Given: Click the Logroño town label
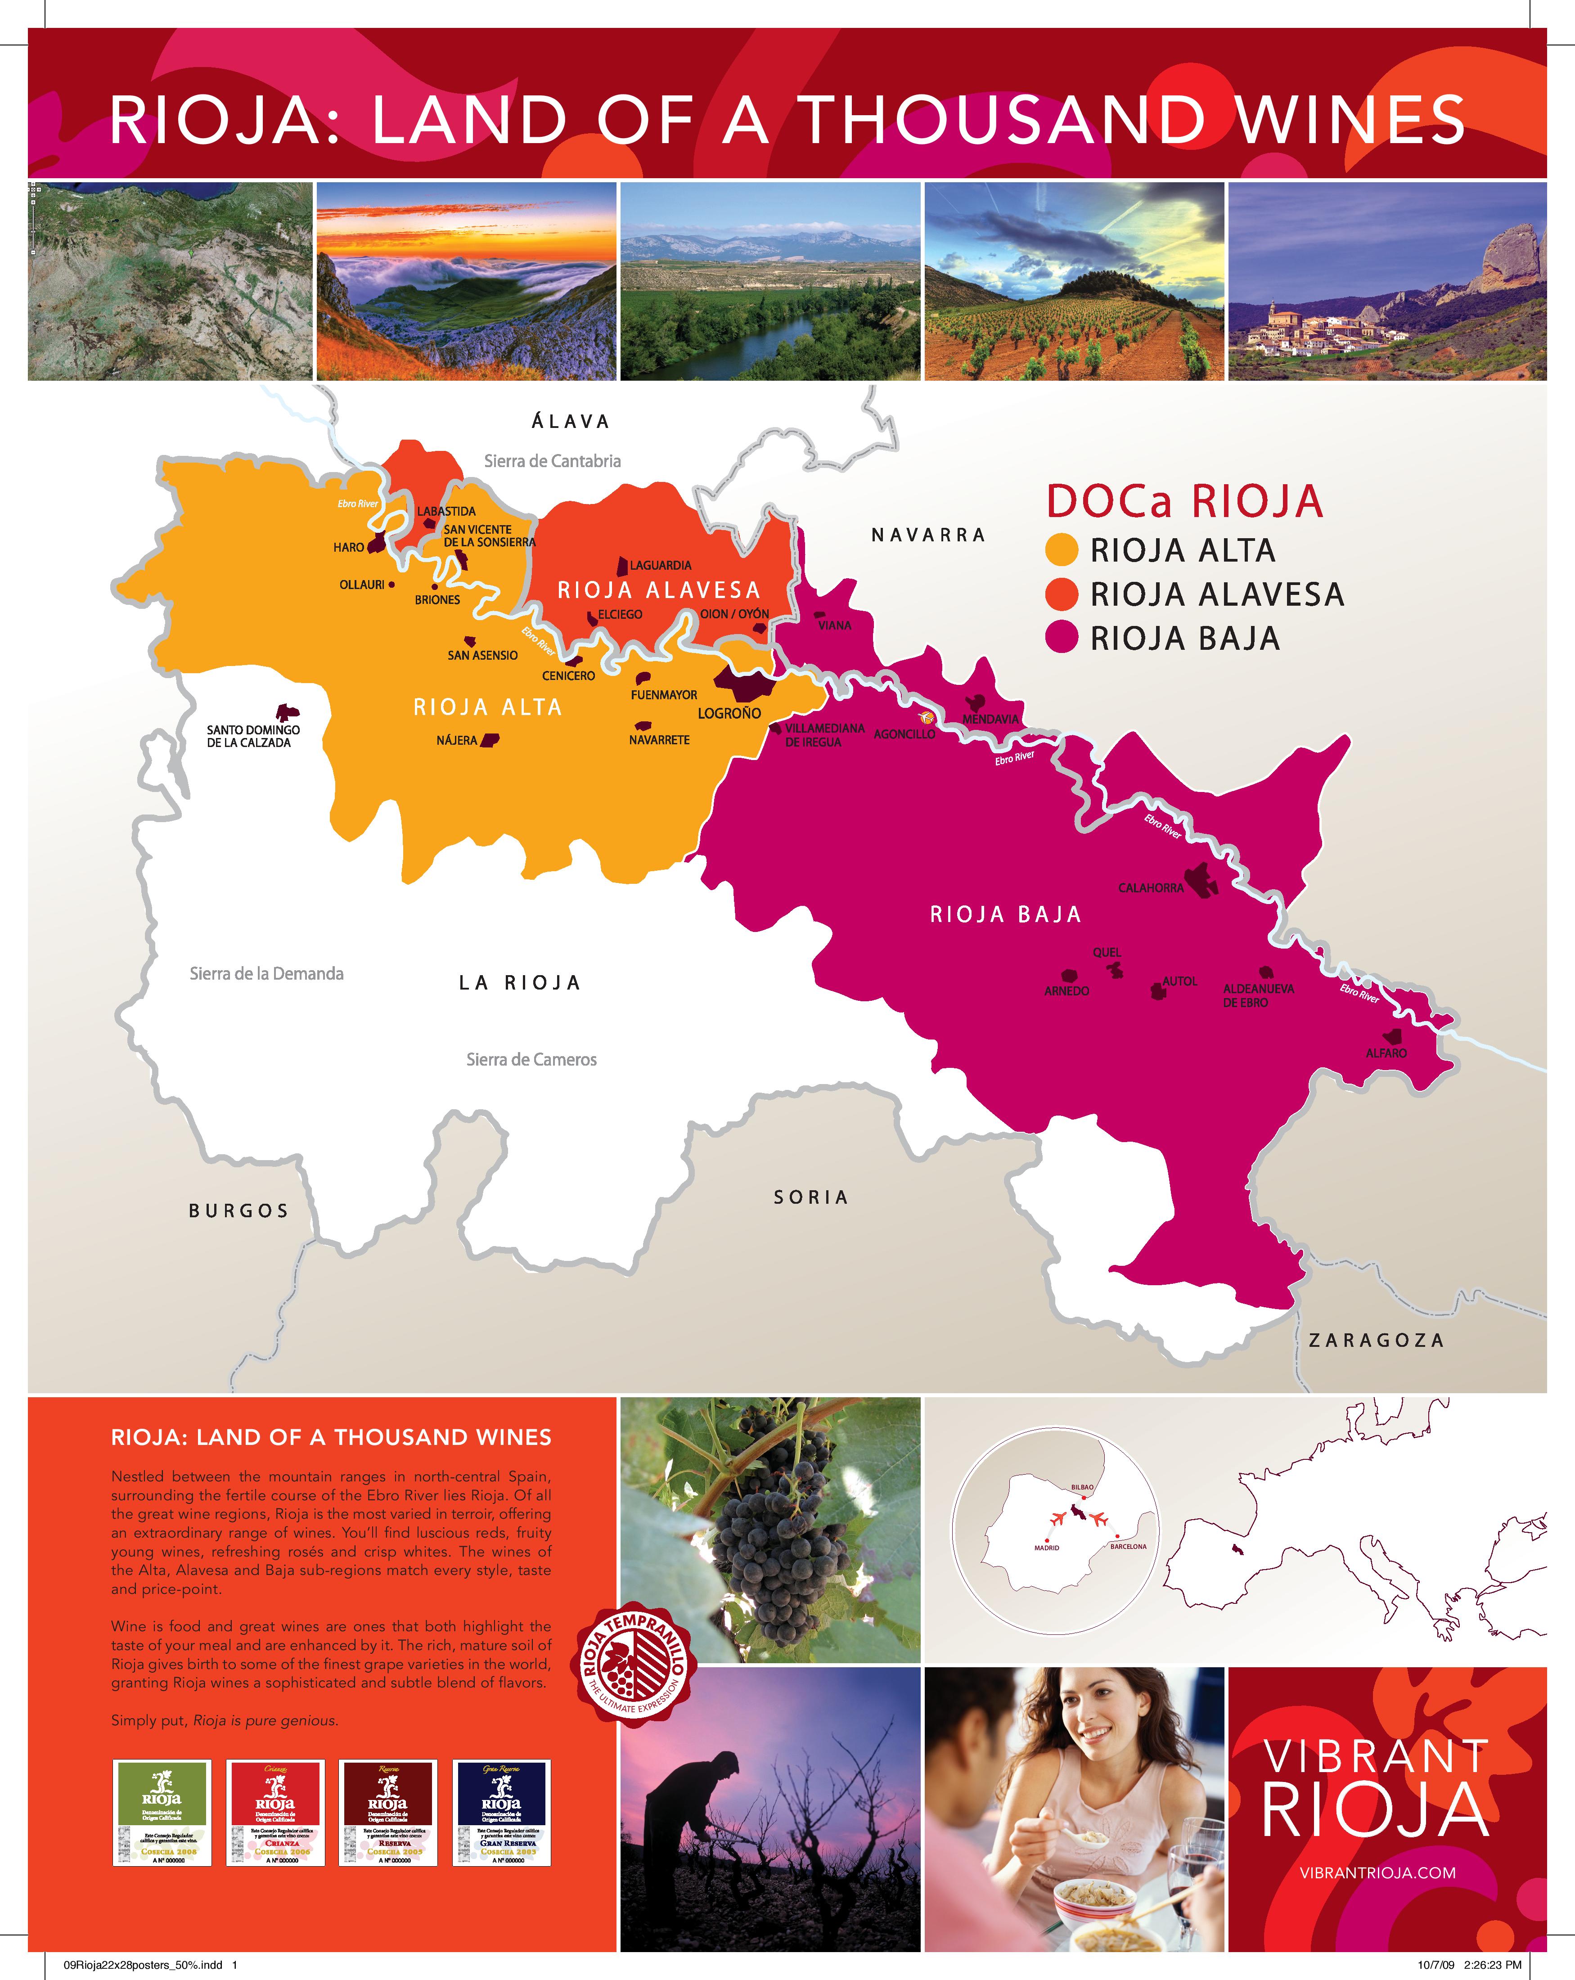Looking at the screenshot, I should (x=729, y=713).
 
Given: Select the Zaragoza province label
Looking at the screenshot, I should (x=1376, y=1340).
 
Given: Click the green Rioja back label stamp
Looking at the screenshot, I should (x=162, y=1812).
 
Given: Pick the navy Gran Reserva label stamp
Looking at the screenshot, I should (x=501, y=1812).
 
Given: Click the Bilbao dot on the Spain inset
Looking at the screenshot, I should (x=1084, y=1498).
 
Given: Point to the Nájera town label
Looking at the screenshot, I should (x=456, y=740).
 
